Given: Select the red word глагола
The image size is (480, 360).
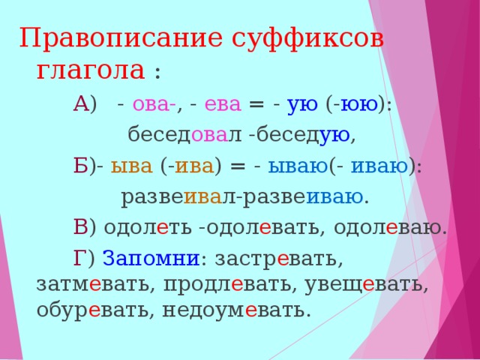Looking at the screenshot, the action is pos(91,71).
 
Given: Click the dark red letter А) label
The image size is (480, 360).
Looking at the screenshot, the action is pos(85,105).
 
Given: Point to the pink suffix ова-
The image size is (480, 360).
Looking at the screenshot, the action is pos(154,105).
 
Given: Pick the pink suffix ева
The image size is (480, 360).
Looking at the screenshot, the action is pos(223,105).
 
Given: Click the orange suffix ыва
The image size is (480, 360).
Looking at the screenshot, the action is pos(132,166).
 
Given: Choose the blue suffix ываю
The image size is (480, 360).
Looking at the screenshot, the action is pos(298,166).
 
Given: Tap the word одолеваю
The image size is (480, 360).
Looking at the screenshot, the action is pos(388,228).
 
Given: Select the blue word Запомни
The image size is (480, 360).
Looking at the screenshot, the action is pos(151,259).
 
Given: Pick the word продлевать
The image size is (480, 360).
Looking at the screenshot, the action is pos(230,286).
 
